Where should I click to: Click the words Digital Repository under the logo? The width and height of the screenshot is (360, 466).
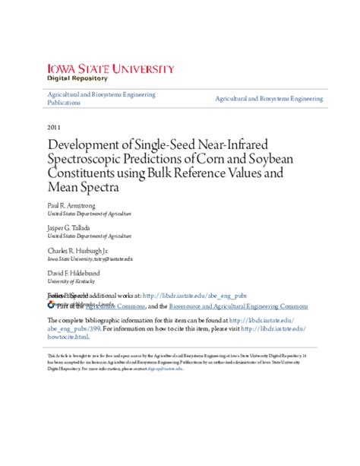click(x=77, y=79)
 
